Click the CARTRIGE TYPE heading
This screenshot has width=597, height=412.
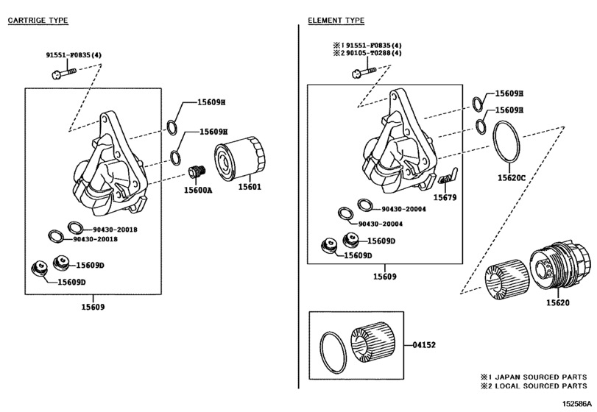coord(38,21)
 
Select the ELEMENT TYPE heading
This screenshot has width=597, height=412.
coord(336,21)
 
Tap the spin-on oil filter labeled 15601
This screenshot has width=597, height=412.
coord(240,160)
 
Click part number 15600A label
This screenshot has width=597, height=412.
coord(198,190)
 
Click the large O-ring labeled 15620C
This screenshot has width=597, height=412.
coord(506,143)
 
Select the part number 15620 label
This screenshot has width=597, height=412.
coord(558,303)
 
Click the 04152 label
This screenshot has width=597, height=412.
coord(424,345)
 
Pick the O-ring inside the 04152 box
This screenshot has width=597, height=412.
coord(333,352)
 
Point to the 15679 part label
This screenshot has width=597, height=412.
coord(445,197)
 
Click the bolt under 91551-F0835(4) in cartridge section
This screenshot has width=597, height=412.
coord(63,73)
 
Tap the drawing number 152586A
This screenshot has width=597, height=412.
coord(578,404)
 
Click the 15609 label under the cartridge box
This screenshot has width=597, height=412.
coord(93,307)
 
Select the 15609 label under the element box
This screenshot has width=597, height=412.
coord(384,277)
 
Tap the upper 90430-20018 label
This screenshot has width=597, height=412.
coord(116,230)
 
